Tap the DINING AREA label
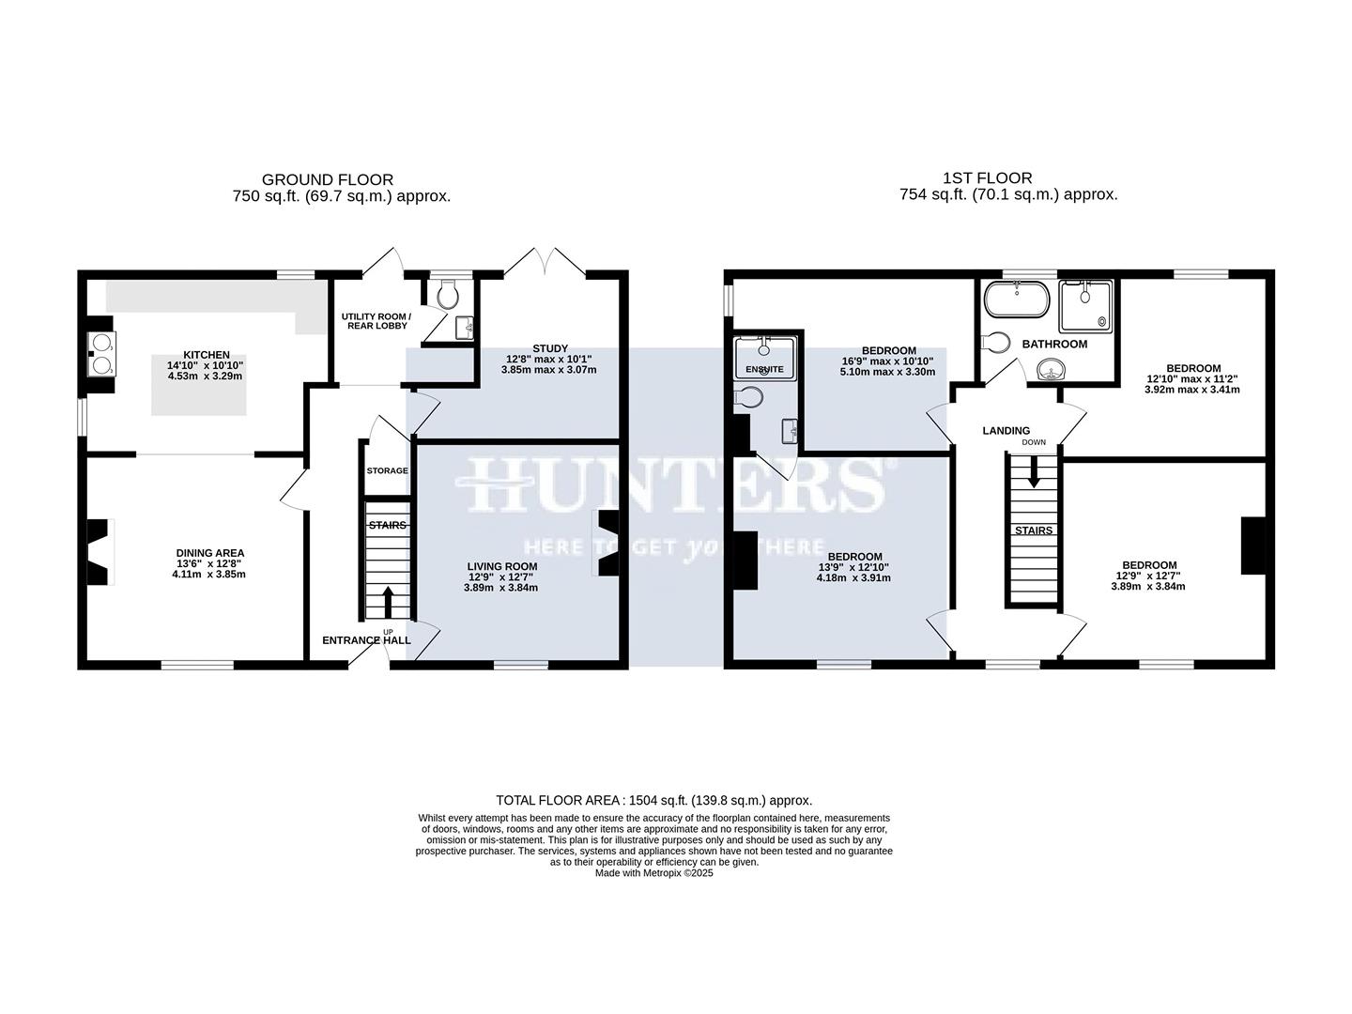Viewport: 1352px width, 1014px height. [x=209, y=553]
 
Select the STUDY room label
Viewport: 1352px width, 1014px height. [x=549, y=348]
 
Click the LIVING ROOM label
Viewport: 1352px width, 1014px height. [x=501, y=566]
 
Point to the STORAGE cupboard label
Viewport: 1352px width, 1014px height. [x=387, y=470]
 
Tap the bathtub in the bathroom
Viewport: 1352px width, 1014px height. [x=1017, y=301]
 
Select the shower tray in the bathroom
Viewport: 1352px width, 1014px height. [x=1085, y=305]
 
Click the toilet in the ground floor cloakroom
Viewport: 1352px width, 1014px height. [x=448, y=296]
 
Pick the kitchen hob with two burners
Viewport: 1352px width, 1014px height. [x=100, y=354]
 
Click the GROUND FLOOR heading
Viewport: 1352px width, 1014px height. [x=327, y=179]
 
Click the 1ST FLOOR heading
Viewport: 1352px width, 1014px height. [x=987, y=177]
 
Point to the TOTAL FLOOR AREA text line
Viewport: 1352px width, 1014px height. [x=653, y=800]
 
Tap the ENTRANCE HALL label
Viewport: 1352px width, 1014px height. [x=366, y=640]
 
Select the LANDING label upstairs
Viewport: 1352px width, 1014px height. [x=1006, y=431]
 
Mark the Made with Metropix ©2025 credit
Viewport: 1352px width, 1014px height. [x=653, y=873]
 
